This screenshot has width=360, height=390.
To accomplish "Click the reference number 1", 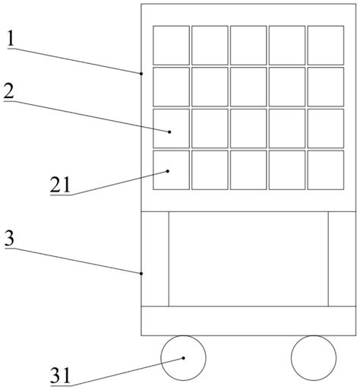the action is pos(11,38).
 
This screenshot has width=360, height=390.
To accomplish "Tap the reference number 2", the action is pos(9,91).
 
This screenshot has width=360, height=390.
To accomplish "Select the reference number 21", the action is pos(60,185).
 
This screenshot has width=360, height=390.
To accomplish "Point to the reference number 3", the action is pos(9,238).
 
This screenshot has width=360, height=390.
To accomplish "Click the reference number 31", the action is pos(60,376).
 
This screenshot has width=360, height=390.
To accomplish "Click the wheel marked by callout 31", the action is pos(183,358).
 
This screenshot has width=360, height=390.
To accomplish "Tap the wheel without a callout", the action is pos(314,358).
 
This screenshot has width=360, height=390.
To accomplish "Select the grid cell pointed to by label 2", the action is pos(171,128).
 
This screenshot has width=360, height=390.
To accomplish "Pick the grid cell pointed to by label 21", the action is pos(171,170).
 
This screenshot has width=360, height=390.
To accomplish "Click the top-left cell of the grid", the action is pos(171,45).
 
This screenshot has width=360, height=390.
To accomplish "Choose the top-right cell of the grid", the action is pos(326,45).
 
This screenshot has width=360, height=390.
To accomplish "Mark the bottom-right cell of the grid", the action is pos(326,170).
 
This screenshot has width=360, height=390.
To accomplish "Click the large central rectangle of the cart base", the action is pos(248,258).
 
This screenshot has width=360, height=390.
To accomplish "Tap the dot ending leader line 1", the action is pos(141,74).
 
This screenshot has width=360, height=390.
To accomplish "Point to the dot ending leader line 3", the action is pos(141,273).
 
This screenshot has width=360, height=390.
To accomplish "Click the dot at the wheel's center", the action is pos(183,358).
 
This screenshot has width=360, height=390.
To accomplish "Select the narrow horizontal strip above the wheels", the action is pos(248,321).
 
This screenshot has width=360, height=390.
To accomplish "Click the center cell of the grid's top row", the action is pos(248,45).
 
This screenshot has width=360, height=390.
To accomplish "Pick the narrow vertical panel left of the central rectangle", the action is pos(155,258).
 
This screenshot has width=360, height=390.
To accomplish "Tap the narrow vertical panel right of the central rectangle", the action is pos(342,258).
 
